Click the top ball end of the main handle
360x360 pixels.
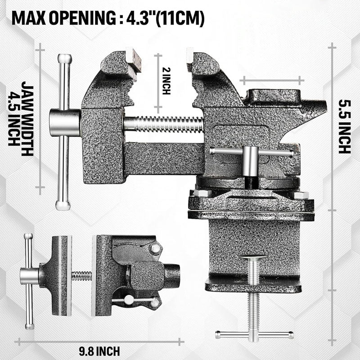pos(64,59)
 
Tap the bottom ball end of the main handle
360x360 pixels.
pos(63,205)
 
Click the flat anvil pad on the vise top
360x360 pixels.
pos(274,96)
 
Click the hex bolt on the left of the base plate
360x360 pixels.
pos(201,193)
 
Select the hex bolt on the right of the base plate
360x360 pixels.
pos(301,195)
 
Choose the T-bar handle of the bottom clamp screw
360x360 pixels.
pos(254,334)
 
